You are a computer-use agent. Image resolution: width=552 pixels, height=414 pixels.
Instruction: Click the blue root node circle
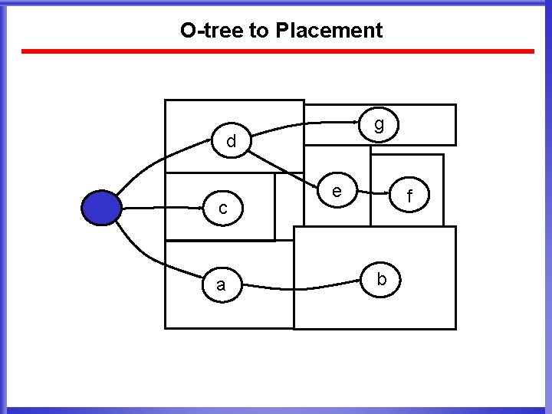tap(101, 207)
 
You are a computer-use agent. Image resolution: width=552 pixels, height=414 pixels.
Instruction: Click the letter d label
tap(231, 142)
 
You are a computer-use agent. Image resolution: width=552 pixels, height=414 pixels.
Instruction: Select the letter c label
tap(222, 208)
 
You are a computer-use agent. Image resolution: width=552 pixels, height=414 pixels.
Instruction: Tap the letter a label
tap(221, 285)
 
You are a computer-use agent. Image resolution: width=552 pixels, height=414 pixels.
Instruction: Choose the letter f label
tap(409, 198)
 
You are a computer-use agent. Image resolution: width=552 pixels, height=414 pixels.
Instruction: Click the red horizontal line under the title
tap(276, 51)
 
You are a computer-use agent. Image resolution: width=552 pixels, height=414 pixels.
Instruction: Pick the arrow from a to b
tap(307, 287)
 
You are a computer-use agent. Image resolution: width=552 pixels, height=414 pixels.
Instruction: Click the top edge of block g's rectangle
tap(383, 105)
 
